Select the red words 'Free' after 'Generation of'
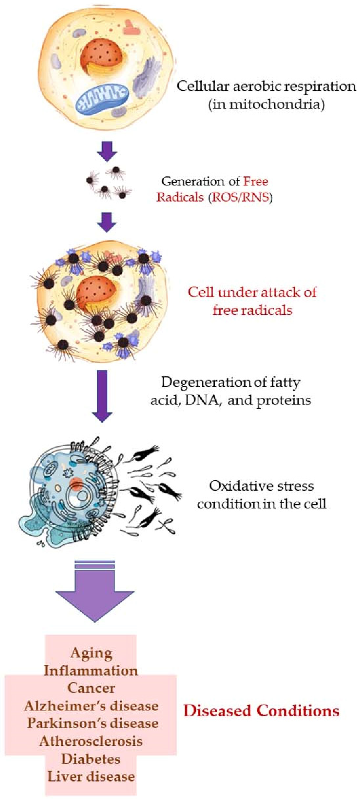[x=255, y=181]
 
